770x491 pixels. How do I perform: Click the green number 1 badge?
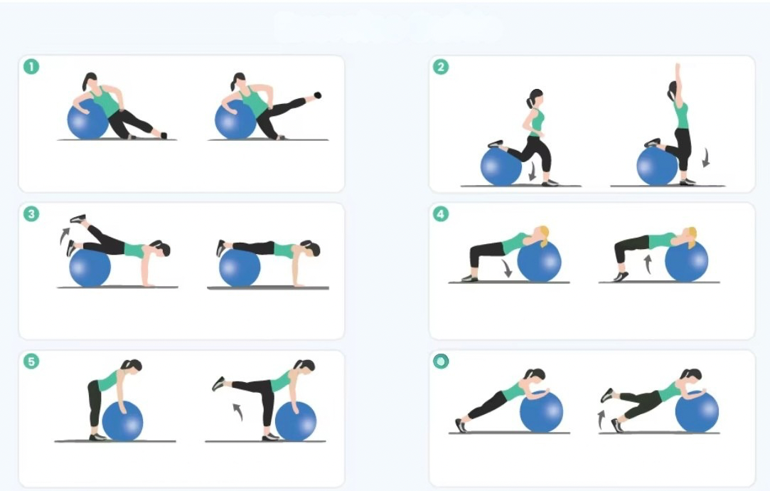[31, 67]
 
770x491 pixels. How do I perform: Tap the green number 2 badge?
[442, 67]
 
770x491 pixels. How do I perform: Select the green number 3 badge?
[31, 214]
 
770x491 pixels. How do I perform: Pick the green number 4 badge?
[442, 214]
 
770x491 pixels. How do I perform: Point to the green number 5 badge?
[31, 361]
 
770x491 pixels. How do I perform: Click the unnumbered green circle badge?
[442, 361]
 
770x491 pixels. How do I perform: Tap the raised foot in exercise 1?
[317, 95]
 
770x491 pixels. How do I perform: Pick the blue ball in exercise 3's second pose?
[240, 268]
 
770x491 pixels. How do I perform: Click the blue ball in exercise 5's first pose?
[122, 421]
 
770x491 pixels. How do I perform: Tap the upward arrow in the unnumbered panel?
[601, 418]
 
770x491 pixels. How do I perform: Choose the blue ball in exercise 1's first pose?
[87, 121]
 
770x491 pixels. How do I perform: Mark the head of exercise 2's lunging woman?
[535, 97]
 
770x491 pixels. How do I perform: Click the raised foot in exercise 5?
[218, 384]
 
